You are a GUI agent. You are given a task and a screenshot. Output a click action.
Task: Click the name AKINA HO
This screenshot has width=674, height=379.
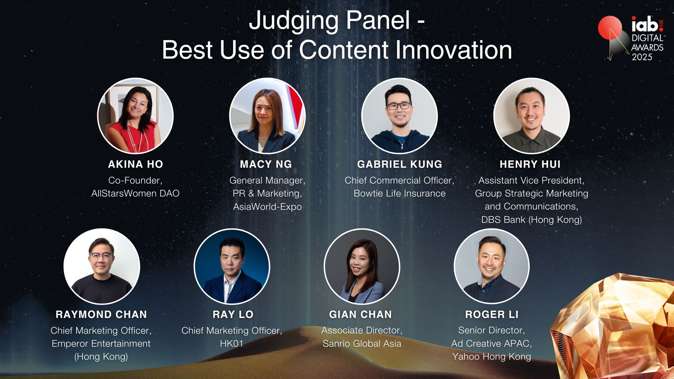pyautogui.click(x=136, y=164)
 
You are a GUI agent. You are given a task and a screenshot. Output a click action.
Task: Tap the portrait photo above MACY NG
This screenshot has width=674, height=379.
pyautogui.click(x=267, y=116)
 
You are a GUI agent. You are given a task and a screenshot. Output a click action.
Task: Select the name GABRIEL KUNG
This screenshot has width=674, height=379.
pyautogui.click(x=399, y=164)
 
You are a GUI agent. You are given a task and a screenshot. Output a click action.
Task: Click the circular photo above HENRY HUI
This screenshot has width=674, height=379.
pyautogui.click(x=531, y=116)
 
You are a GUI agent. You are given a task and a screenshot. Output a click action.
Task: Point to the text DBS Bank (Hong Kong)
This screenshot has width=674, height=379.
pyautogui.click(x=531, y=220)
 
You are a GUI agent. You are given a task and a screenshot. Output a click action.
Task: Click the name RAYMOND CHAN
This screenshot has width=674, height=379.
pyautogui.click(x=101, y=314)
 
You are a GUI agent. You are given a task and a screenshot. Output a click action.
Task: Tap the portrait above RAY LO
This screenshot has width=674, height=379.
pyautogui.click(x=232, y=266)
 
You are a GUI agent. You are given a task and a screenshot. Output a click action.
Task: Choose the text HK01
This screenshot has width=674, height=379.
pyautogui.click(x=232, y=344)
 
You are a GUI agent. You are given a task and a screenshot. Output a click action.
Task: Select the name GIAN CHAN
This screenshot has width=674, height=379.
pyautogui.click(x=361, y=314)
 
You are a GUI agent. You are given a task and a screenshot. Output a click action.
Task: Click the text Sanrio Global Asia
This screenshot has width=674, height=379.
pyautogui.click(x=362, y=344)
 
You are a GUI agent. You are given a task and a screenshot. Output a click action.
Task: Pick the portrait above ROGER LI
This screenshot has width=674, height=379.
pyautogui.click(x=491, y=266)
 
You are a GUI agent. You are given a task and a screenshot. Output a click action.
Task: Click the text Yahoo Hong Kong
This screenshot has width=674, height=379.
pyautogui.click(x=491, y=357)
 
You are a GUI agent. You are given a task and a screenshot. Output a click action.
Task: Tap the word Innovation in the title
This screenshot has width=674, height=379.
pyautogui.click(x=454, y=50)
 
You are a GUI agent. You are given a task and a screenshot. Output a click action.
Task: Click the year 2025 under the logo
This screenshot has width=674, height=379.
pyautogui.click(x=642, y=57)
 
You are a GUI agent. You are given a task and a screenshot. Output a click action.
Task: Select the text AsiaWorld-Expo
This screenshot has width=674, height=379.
pyautogui.click(x=267, y=207)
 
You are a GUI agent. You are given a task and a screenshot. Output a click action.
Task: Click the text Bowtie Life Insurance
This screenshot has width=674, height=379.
pyautogui.click(x=399, y=193)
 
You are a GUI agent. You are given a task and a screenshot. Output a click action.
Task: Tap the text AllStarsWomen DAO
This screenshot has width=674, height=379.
pyautogui.click(x=136, y=193)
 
